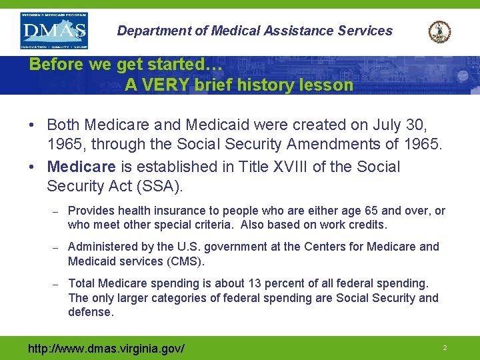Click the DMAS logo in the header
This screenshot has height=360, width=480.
tap(53, 30)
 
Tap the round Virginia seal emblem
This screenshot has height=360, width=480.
tap(439, 31)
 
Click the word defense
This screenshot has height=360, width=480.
tap(91, 312)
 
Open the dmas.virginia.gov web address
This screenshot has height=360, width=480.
tap(106, 349)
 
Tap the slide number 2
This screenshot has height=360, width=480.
tap(444, 348)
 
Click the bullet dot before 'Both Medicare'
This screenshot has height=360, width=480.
tap(33, 125)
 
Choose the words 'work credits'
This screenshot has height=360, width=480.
tap(357, 225)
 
